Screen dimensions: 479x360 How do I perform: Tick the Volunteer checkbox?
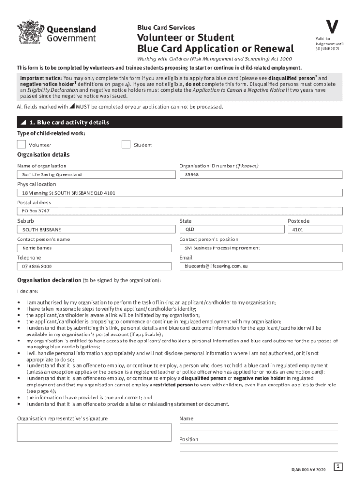click(x=22, y=145)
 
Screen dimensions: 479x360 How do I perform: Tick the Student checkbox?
click(x=126, y=145)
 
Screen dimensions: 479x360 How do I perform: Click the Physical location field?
click(x=180, y=193)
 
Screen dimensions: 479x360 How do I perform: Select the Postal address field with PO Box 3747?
click(x=180, y=211)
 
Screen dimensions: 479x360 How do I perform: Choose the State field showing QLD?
click(x=232, y=230)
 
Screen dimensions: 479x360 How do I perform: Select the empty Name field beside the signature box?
click(x=259, y=427)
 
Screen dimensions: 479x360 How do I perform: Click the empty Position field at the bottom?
click(x=259, y=448)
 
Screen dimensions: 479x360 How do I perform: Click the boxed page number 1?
click(x=338, y=466)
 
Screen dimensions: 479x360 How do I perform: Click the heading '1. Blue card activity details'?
click(x=69, y=123)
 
